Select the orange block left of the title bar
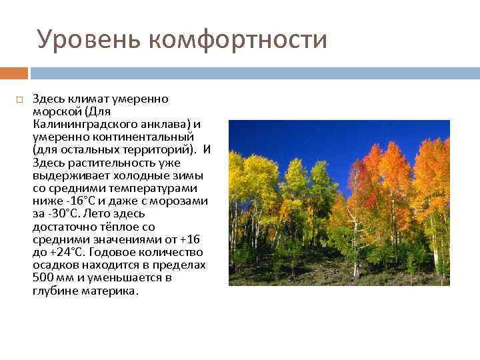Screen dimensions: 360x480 [14, 73]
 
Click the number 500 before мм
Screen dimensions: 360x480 [42, 277]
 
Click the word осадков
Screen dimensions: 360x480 [54, 265]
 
